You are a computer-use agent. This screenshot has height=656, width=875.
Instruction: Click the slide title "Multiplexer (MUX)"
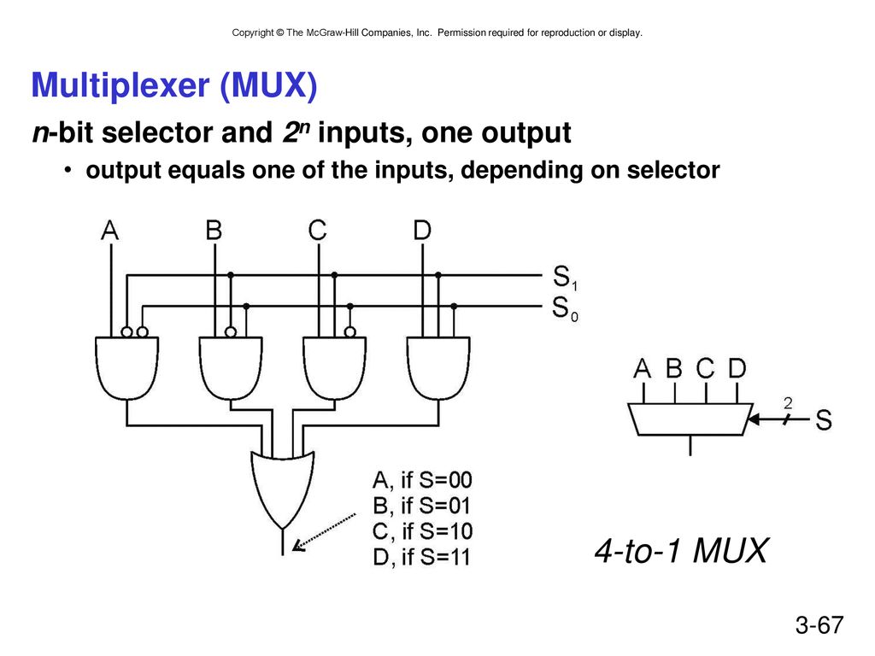(x=174, y=85)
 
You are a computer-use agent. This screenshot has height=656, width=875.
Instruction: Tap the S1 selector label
(x=565, y=278)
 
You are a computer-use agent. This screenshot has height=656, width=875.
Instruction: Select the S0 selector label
(x=565, y=308)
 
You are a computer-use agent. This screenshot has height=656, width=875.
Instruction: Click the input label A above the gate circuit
(x=110, y=230)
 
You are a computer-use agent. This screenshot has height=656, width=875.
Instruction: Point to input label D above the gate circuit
(x=422, y=230)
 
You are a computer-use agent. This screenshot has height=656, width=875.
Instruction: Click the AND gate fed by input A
(x=126, y=368)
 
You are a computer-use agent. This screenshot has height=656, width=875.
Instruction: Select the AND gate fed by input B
(x=231, y=368)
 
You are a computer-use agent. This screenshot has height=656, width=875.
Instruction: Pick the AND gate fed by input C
(x=334, y=368)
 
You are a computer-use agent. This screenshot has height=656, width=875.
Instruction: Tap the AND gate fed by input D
(x=438, y=368)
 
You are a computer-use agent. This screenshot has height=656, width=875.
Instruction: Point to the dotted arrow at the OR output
(x=324, y=532)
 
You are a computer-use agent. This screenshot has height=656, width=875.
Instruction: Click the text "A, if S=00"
(x=422, y=480)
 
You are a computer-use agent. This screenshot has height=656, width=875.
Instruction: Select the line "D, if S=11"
(x=421, y=557)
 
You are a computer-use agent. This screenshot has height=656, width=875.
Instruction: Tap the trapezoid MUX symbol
(x=690, y=419)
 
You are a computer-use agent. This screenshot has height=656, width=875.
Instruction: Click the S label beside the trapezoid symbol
(x=824, y=419)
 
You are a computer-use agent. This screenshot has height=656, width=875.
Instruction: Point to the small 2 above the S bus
(x=788, y=402)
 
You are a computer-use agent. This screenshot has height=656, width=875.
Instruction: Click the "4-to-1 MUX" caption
(x=681, y=551)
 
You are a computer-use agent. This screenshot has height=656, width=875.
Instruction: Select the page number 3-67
(x=819, y=624)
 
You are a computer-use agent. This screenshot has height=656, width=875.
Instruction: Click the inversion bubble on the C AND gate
(x=349, y=332)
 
